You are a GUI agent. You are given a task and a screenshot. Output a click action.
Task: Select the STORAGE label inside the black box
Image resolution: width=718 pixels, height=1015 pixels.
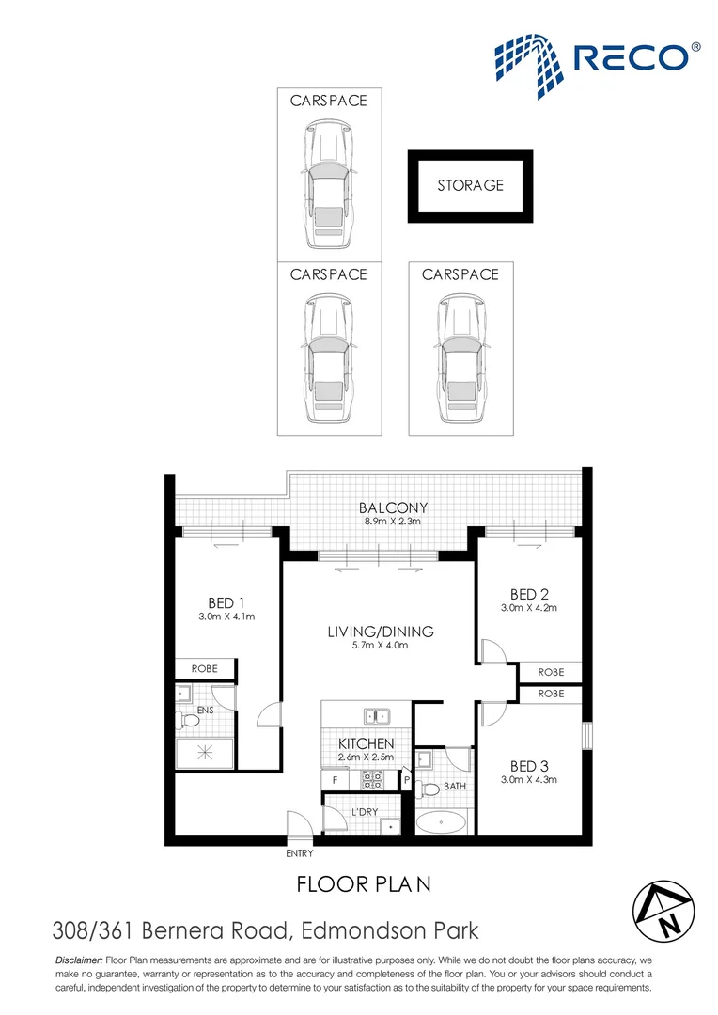470,185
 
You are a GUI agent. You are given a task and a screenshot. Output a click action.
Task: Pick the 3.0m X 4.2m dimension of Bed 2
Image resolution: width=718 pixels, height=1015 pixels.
529,608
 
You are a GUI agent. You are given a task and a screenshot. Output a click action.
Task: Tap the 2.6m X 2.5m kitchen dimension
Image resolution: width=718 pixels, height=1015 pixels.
366,757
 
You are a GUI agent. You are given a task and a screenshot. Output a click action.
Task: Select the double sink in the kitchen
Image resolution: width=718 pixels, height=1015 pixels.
379,715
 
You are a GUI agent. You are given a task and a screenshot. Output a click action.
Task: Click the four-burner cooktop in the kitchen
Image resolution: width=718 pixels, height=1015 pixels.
371,778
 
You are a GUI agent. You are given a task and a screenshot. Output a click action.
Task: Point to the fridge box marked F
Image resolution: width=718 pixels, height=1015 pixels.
334,779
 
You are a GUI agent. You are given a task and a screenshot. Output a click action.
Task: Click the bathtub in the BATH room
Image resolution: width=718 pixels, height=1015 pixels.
442,824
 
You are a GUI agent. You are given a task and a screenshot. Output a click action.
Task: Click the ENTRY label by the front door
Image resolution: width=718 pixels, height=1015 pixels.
299,853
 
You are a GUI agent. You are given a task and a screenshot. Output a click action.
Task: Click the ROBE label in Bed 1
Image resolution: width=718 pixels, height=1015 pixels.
204,669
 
